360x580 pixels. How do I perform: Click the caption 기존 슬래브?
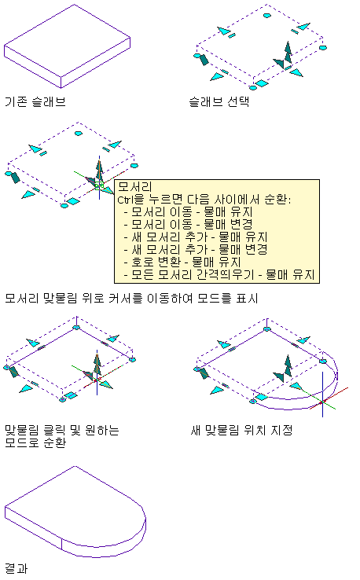35,101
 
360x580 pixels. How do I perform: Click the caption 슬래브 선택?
219,101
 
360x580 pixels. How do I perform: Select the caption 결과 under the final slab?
17,568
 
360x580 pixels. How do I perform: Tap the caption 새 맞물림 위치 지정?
241,430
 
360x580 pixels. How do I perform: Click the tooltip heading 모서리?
134,187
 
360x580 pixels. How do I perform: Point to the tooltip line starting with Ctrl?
204,200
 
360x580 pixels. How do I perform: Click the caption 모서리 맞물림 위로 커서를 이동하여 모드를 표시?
131,298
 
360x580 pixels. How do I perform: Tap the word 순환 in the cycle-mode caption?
55,442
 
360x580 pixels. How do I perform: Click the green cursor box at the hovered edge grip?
99,185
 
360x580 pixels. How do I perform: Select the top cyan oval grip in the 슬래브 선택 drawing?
266,15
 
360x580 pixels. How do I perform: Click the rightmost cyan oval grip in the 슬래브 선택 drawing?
323,48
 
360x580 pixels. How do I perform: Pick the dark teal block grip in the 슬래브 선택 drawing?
204,59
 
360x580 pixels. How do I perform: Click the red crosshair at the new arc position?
322,402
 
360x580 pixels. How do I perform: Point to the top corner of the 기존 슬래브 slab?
75,5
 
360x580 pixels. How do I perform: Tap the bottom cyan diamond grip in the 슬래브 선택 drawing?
262,83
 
